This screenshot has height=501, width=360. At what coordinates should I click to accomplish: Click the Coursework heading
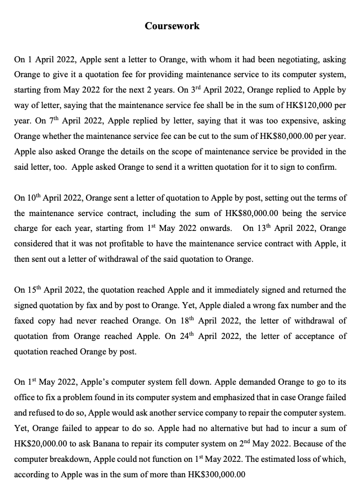pos(172,26)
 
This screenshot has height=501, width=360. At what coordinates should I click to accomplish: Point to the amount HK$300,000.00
pos(217,475)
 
